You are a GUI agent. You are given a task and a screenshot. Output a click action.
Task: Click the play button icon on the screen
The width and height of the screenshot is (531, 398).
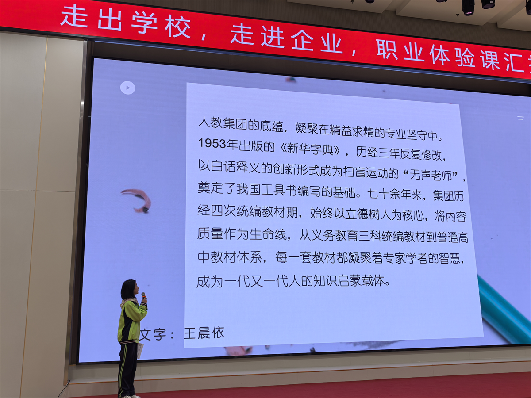[x=128, y=88]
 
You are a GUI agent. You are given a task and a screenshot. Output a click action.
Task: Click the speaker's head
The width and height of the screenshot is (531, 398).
[x=128, y=289]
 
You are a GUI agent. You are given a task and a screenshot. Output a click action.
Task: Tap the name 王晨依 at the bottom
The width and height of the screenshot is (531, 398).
[x=204, y=333]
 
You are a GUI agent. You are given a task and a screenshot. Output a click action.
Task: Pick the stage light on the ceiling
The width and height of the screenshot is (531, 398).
[x=468, y=7]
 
